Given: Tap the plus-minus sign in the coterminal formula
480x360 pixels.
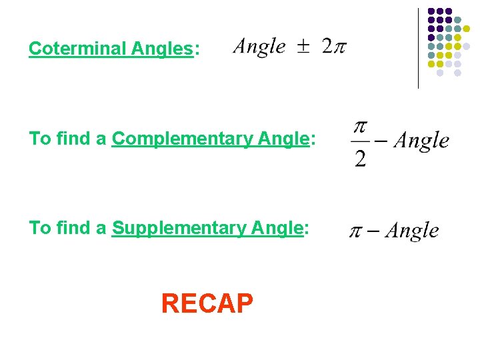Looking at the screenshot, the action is click(304, 47).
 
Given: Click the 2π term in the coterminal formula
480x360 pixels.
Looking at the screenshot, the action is click(333, 47).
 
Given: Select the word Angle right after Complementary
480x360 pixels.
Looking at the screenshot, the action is click(279, 139).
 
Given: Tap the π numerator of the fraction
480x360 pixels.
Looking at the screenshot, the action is click(361, 127).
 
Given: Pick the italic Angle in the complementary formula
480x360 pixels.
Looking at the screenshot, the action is click(421, 141).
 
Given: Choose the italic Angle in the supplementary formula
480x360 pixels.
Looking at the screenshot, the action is click(412, 231).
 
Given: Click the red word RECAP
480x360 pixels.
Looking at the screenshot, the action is click(207, 304).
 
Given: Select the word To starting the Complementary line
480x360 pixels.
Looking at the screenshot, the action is click(39, 139).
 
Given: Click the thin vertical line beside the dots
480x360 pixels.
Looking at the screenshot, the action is click(418, 48).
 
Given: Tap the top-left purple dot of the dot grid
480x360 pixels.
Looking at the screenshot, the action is click(431, 11).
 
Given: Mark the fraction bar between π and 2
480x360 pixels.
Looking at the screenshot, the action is click(361, 142).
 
